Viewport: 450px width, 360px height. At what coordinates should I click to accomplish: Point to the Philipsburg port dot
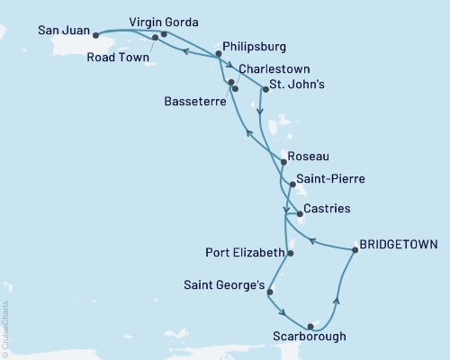pos(219,54)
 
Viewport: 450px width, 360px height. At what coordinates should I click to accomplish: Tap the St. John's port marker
pos(265,88)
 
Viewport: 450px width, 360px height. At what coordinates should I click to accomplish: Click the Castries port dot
pos(299,214)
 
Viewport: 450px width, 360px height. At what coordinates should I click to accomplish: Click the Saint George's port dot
pos(270,292)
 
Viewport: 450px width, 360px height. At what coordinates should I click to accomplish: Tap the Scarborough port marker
pos(310,326)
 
